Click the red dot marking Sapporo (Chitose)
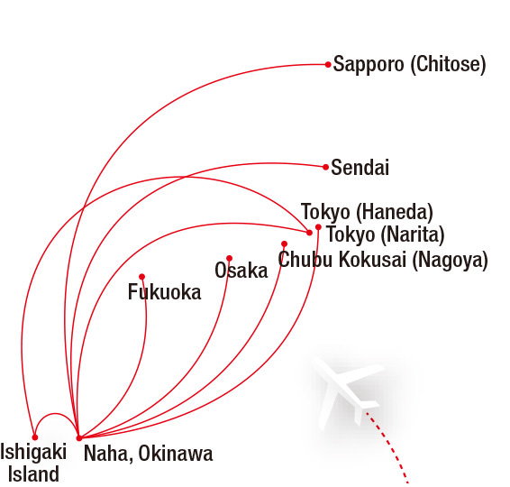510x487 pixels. (x=328, y=64)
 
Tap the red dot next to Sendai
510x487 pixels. (x=325, y=167)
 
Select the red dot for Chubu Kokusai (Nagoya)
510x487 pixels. (x=284, y=243)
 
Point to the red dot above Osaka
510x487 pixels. (x=229, y=259)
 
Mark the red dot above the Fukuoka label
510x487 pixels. (x=141, y=277)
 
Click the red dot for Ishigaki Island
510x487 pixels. (x=35, y=437)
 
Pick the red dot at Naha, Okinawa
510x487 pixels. (x=78, y=438)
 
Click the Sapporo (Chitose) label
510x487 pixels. (x=409, y=64)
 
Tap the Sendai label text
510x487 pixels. (x=360, y=168)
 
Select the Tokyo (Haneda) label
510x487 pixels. (x=367, y=212)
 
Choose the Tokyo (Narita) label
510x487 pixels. (x=386, y=234)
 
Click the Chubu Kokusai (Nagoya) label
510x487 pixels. (x=383, y=260)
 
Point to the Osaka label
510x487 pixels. (x=241, y=271)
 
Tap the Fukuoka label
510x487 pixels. (x=165, y=292)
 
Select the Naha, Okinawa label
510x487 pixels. (x=149, y=454)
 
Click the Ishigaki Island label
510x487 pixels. (x=33, y=463)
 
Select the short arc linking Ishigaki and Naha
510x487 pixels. (x=56, y=414)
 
